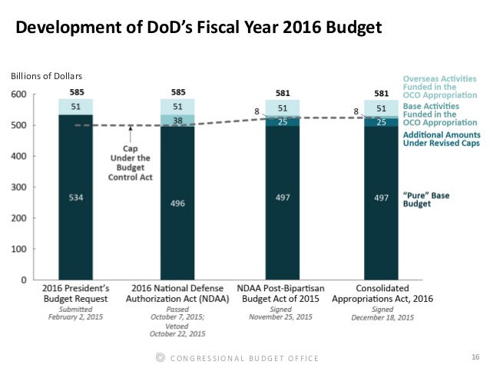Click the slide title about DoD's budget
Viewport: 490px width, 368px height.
pos(199,29)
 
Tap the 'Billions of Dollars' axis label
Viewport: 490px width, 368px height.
pos(45,76)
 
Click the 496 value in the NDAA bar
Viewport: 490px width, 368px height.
pos(178,203)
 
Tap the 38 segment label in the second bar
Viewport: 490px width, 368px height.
pos(178,120)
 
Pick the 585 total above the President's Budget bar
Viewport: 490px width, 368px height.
pos(76,92)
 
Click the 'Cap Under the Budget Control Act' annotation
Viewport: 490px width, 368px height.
pos(135,157)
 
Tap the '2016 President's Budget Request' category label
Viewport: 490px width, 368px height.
pos(76,294)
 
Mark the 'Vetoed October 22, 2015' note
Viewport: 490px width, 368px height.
pos(178,329)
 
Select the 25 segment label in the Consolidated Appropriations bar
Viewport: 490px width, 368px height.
pos(382,121)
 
